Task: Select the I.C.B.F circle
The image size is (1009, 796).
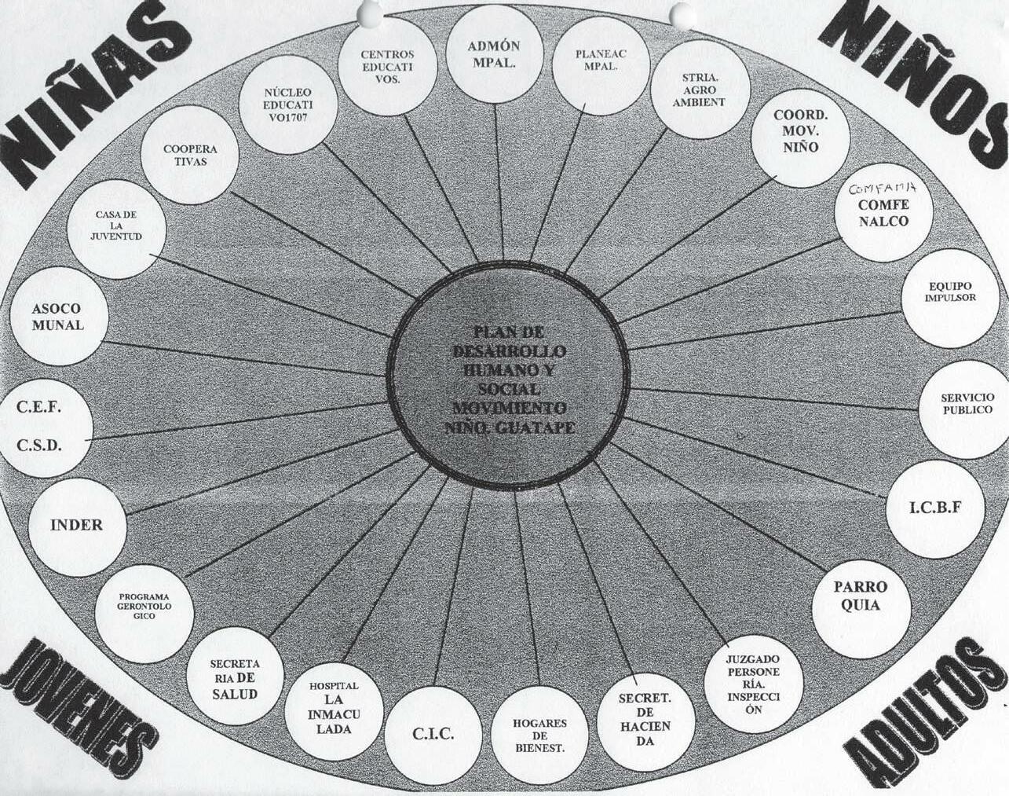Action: pyautogui.click(x=934, y=508)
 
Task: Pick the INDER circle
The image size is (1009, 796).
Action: pyautogui.click(x=77, y=525)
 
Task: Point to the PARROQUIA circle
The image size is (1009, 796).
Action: pyautogui.click(x=861, y=596)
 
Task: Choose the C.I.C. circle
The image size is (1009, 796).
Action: pyautogui.click(x=433, y=734)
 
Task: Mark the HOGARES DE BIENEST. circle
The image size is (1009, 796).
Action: pyautogui.click(x=539, y=735)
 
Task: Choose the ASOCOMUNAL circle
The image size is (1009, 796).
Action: pyautogui.click(x=58, y=317)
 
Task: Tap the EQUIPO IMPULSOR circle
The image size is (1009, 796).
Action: pyautogui.click(x=952, y=293)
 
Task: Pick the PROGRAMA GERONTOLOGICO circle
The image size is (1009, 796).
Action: pyautogui.click(x=144, y=606)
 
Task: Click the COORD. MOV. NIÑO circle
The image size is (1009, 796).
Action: pyautogui.click(x=800, y=130)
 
